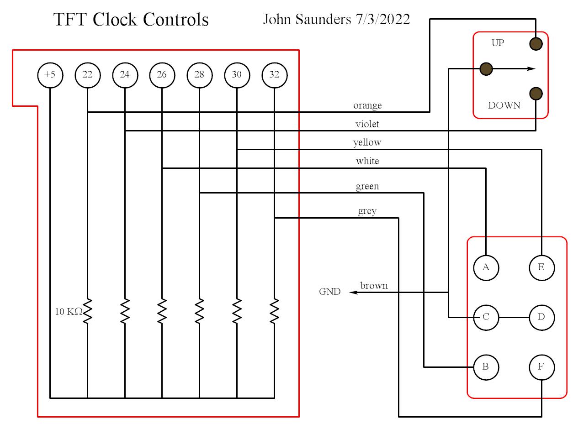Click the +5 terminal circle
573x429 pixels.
[50, 75]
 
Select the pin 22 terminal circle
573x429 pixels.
[87, 75]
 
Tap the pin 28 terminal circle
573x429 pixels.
[199, 75]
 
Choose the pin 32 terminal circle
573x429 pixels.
[274, 75]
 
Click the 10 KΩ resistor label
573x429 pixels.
[69, 312]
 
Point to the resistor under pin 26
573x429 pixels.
[162, 311]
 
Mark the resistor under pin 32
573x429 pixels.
[274, 311]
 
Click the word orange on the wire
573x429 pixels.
[367, 105]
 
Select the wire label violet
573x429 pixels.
[367, 124]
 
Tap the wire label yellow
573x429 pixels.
[367, 142]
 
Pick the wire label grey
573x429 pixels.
[367, 211]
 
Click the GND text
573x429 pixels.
[329, 292]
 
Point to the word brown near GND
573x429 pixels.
[374, 286]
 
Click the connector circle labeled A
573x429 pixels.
[486, 267]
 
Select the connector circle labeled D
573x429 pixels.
[541, 317]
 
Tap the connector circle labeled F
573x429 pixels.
[541, 367]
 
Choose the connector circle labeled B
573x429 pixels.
[486, 367]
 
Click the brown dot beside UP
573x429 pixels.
[536, 44]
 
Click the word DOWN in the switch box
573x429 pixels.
[504, 105]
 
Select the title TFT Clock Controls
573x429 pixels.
[131, 20]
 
